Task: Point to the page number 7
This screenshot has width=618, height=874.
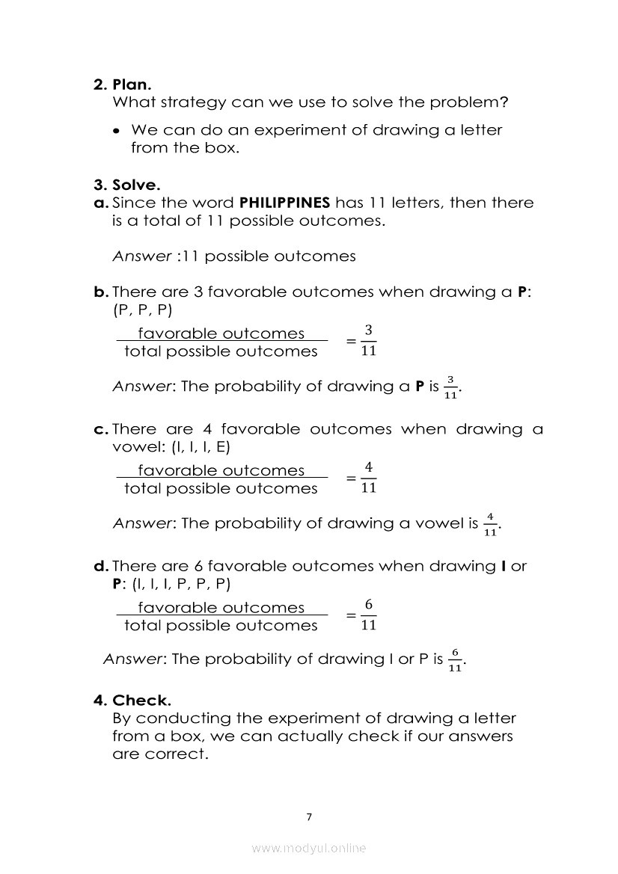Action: [308, 817]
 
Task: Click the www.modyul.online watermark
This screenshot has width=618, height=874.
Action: [308, 848]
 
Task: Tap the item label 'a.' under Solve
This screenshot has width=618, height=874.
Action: [101, 203]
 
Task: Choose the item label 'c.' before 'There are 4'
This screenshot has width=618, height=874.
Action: [101, 430]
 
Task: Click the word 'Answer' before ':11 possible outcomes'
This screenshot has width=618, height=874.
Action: [142, 256]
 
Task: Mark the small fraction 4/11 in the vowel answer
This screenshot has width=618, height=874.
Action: [490, 524]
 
